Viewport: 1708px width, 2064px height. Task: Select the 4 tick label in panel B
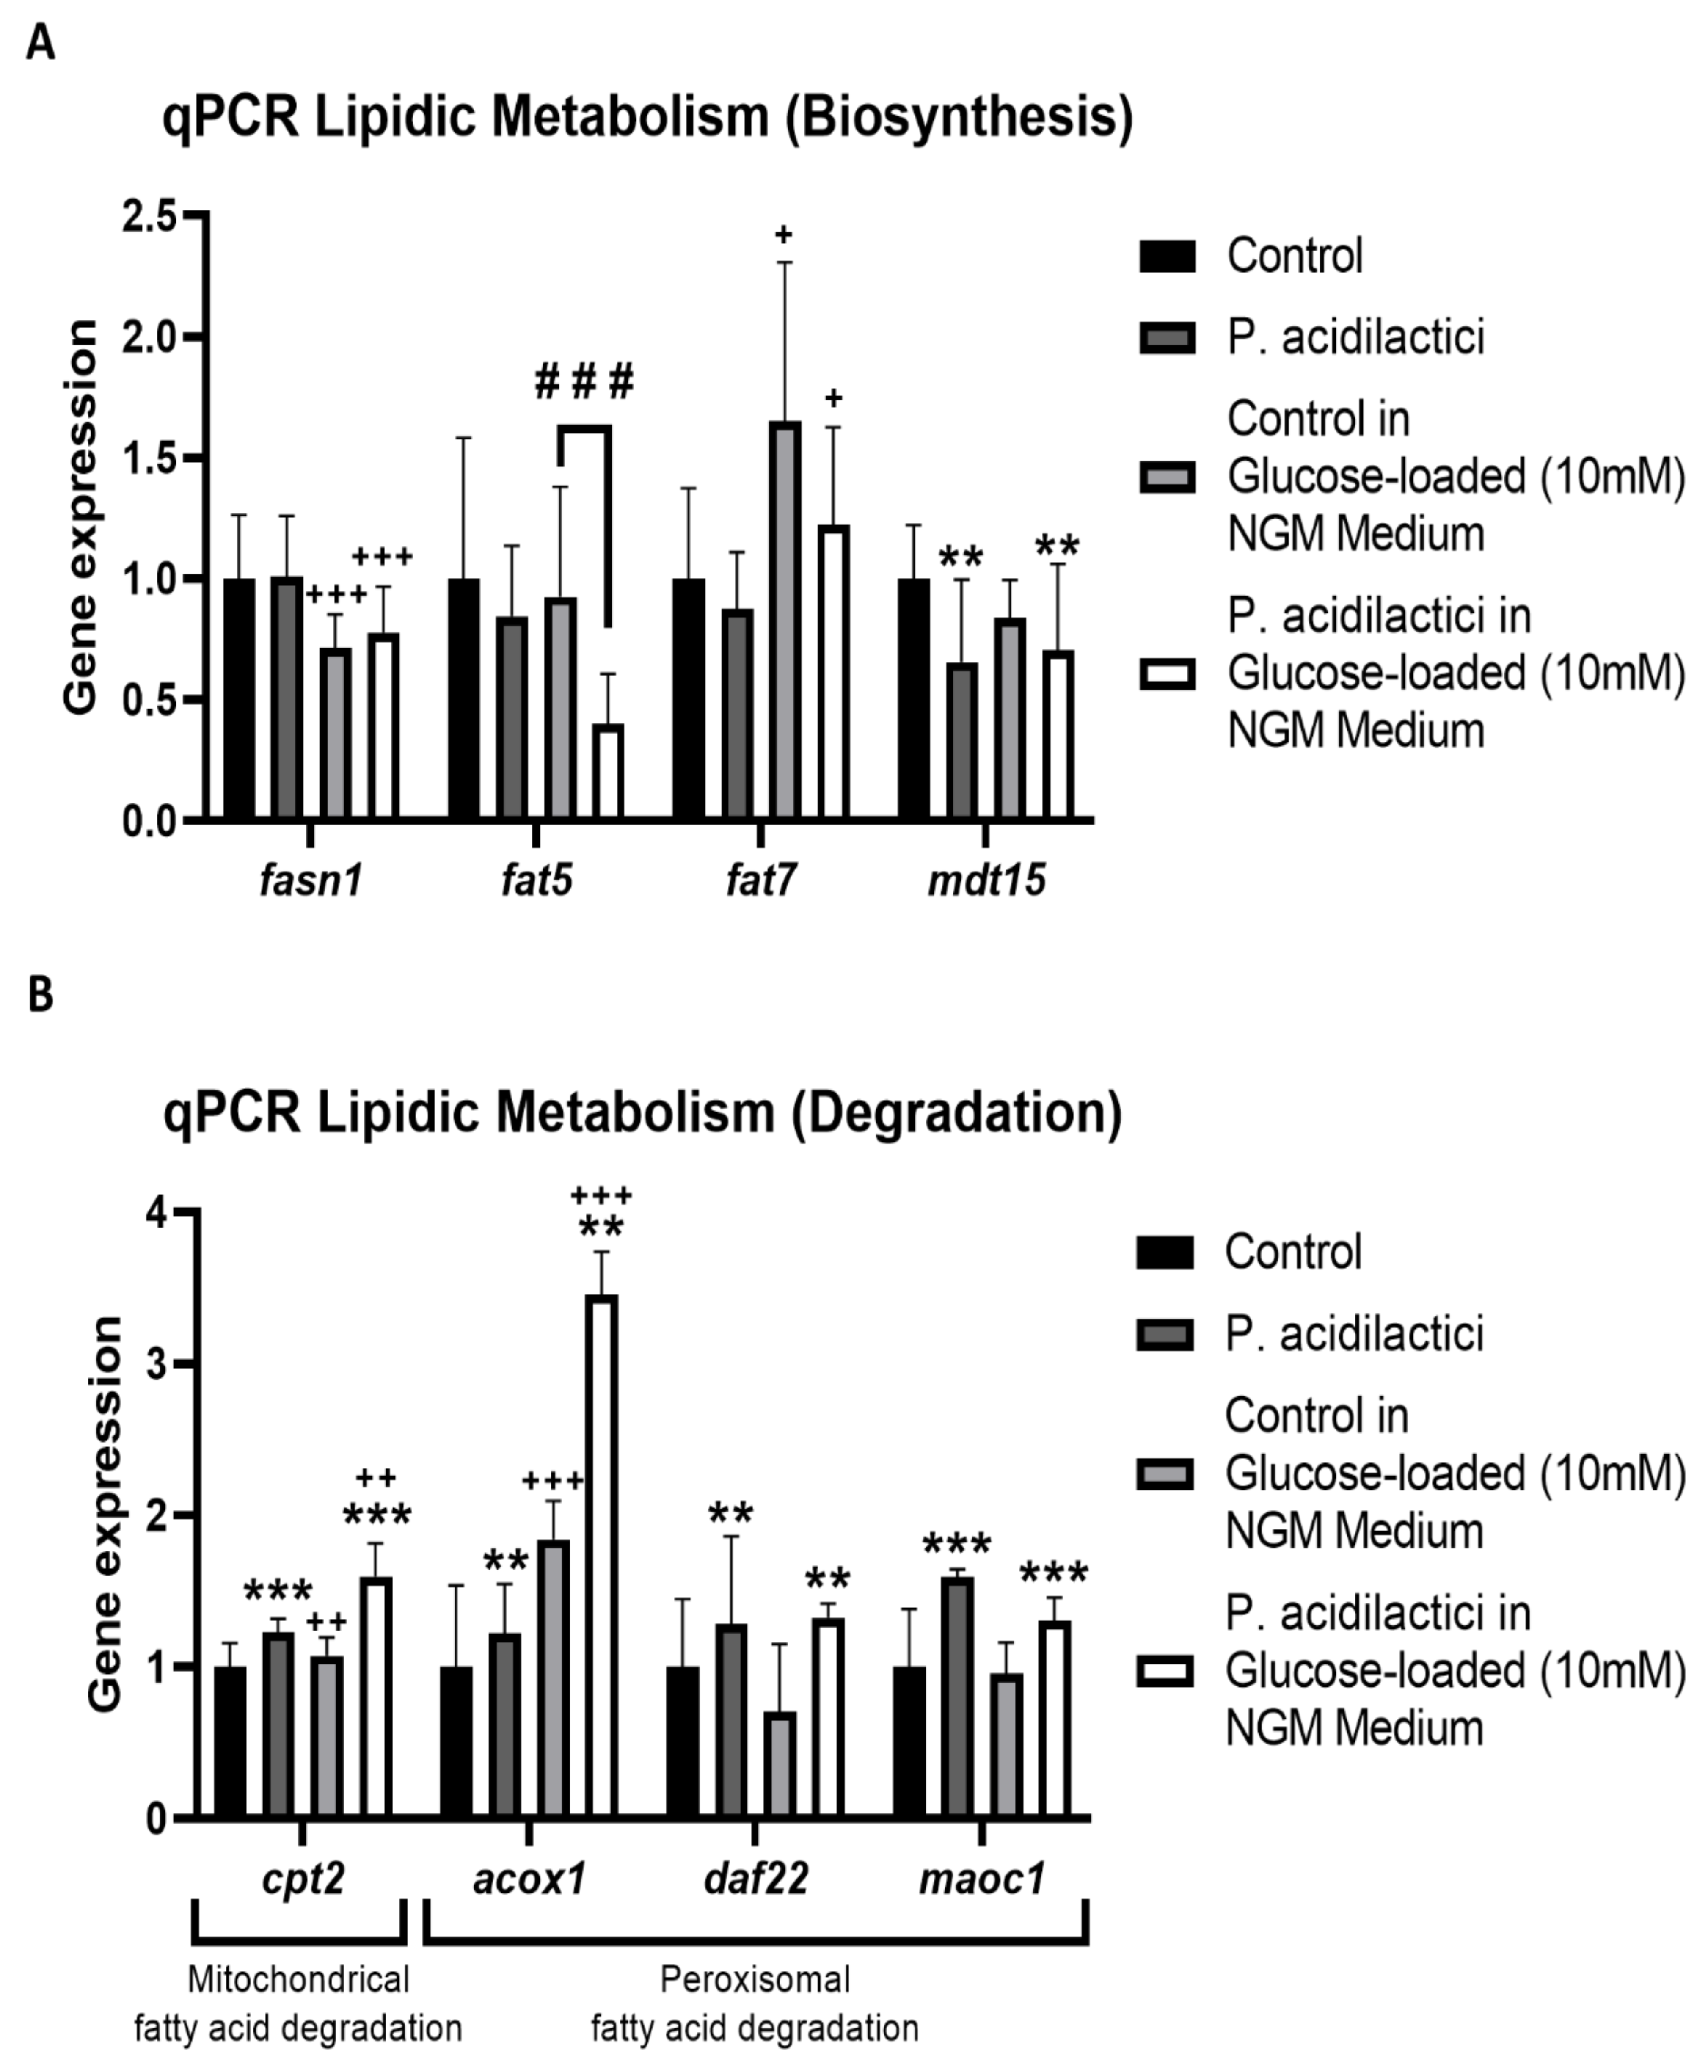(x=157, y=1214)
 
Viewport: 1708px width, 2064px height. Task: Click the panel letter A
(x=40, y=44)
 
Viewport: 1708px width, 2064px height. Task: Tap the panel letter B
(x=40, y=995)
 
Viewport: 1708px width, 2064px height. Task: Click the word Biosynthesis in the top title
(x=958, y=118)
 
